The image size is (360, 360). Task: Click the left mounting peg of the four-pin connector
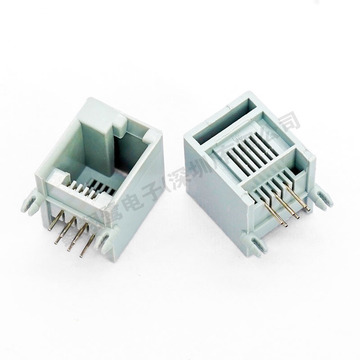30,202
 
